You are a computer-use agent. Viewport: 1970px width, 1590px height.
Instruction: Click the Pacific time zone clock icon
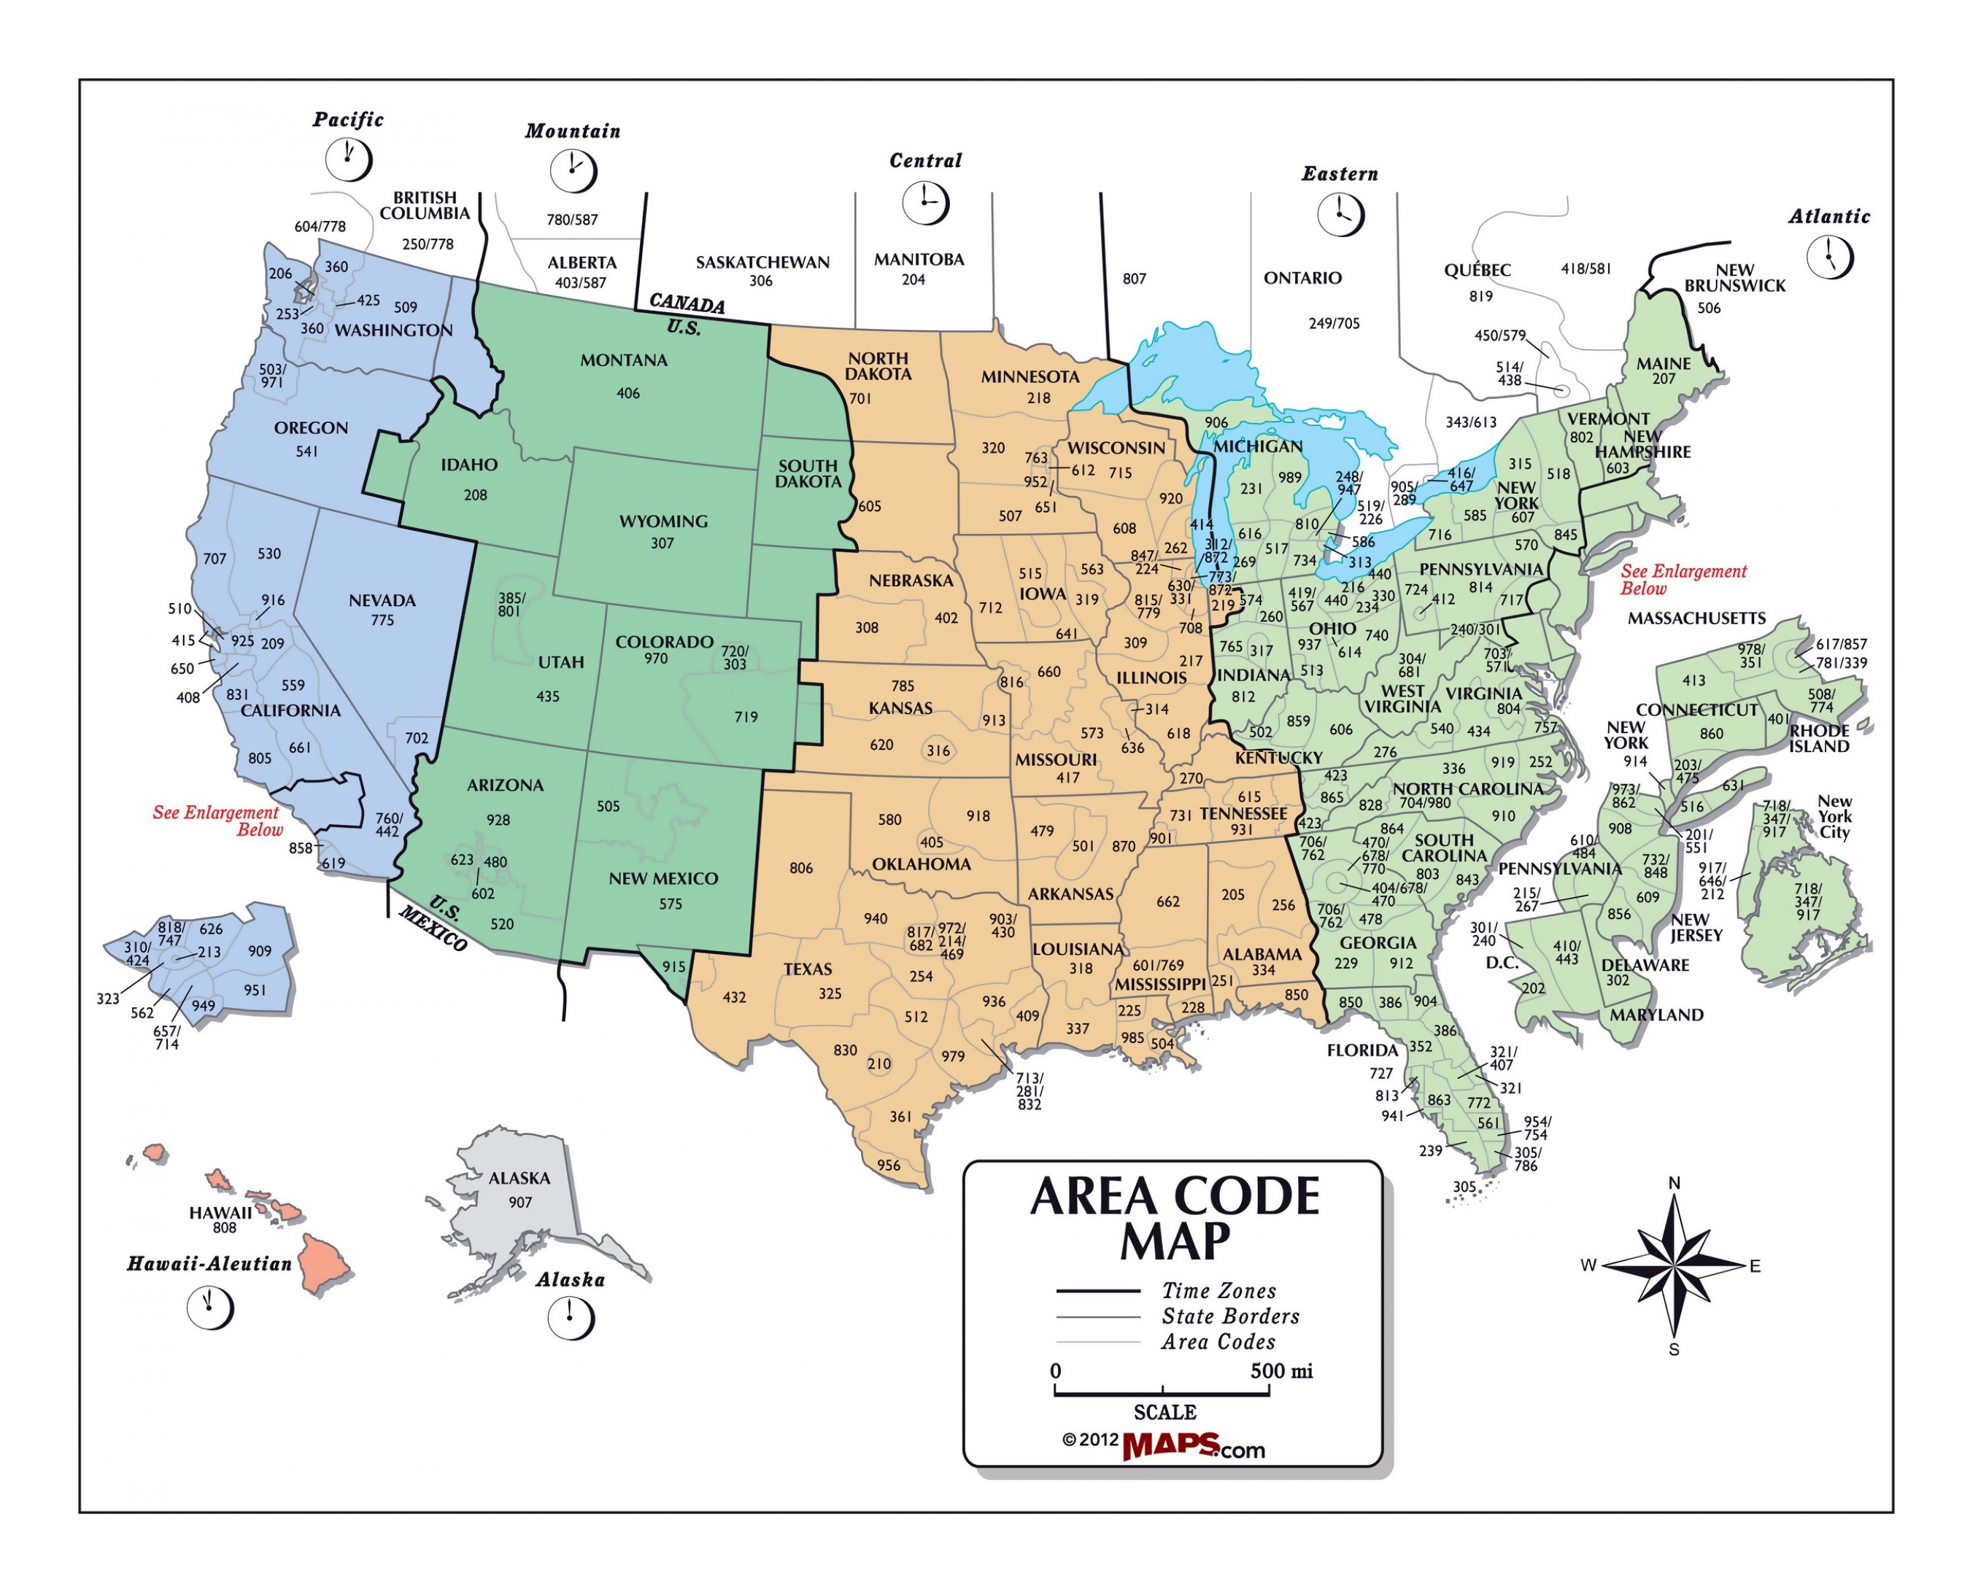click(x=348, y=160)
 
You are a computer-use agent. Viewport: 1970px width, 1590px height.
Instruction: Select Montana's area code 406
click(x=627, y=394)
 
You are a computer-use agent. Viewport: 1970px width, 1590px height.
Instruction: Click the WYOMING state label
click(x=663, y=521)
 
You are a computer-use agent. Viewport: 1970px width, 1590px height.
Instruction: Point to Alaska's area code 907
click(x=520, y=1202)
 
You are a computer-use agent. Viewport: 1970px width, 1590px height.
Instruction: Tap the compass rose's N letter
click(x=1674, y=1183)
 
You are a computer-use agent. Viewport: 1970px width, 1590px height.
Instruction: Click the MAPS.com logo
click(x=1193, y=1446)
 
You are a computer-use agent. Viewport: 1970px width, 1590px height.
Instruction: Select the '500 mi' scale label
click(x=1281, y=1371)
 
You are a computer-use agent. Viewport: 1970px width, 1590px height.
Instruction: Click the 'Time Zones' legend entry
click(x=1218, y=1290)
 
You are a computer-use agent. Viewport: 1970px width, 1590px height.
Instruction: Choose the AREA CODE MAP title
click(x=1175, y=1218)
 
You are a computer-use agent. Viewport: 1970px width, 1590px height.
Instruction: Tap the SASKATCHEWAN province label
click(x=762, y=263)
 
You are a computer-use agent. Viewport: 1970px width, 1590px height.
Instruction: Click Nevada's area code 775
click(x=382, y=620)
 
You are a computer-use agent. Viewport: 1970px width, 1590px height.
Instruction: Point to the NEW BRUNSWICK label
click(x=1734, y=277)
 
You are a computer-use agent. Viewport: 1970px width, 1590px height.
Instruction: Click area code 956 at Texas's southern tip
click(x=888, y=1165)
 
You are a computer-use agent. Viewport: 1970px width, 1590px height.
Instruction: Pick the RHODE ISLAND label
click(x=1819, y=738)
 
